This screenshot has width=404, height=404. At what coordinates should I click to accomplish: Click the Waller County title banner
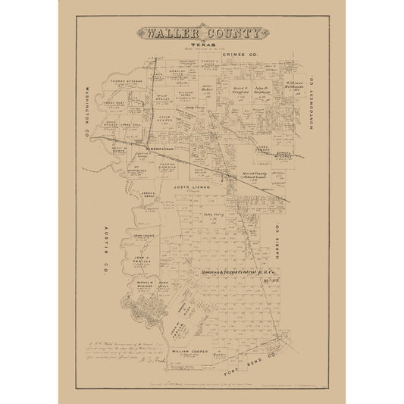tap(202, 34)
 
